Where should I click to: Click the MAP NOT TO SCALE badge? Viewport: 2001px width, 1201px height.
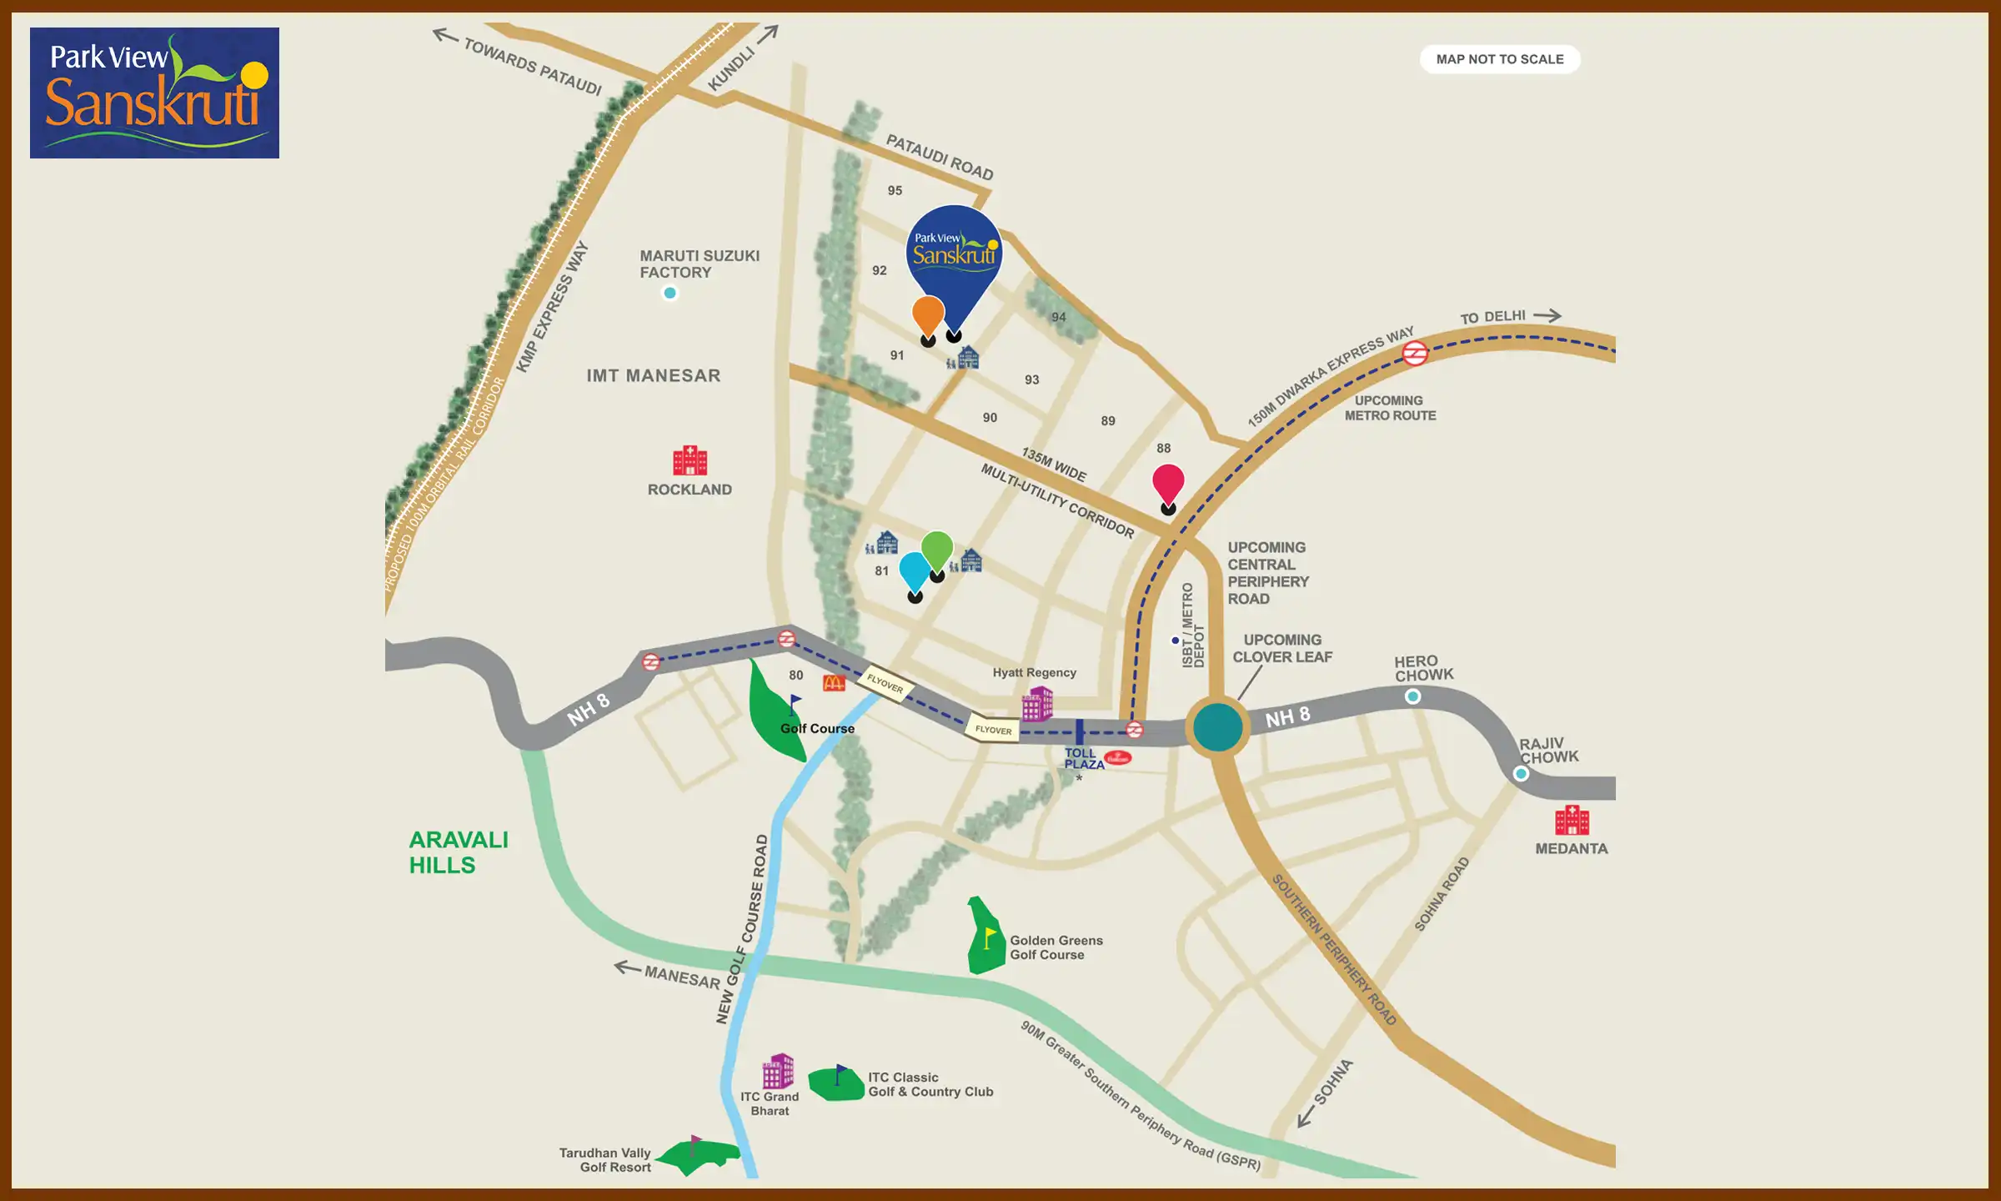pyautogui.click(x=1499, y=59)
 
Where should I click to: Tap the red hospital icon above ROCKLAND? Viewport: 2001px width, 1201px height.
pyautogui.click(x=690, y=460)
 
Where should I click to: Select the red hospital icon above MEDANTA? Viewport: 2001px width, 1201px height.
pyautogui.click(x=1572, y=820)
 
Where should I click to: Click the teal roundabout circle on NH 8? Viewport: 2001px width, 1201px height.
pyautogui.click(x=1217, y=727)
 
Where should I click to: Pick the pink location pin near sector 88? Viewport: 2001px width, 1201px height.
pyautogui.click(x=1168, y=483)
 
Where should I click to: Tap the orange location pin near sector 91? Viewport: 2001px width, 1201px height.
pyautogui.click(x=928, y=315)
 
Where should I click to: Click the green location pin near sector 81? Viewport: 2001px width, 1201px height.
pyautogui.click(x=937, y=550)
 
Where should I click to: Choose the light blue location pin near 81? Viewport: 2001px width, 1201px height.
pyautogui.click(x=915, y=571)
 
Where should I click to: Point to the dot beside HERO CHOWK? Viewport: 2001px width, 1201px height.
pyautogui.click(x=1412, y=696)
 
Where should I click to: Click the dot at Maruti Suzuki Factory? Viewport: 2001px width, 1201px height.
pyautogui.click(x=670, y=293)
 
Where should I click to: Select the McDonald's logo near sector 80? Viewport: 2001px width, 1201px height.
pyautogui.click(x=834, y=683)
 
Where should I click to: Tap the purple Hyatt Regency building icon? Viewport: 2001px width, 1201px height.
pyautogui.click(x=1037, y=705)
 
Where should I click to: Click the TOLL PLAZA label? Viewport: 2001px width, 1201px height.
pyautogui.click(x=1083, y=758)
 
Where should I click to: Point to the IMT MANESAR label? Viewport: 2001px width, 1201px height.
pyautogui.click(x=653, y=375)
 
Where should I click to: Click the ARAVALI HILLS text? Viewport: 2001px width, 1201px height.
pyautogui.click(x=458, y=852)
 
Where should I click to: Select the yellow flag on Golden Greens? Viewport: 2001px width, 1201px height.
pyautogui.click(x=990, y=937)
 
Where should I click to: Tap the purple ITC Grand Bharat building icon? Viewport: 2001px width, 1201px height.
pyautogui.click(x=778, y=1071)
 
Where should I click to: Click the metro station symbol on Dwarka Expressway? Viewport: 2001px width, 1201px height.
pyautogui.click(x=1415, y=354)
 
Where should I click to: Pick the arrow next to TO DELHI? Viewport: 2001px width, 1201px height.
pyautogui.click(x=1547, y=315)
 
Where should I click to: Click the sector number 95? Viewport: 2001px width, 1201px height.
pyautogui.click(x=895, y=190)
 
